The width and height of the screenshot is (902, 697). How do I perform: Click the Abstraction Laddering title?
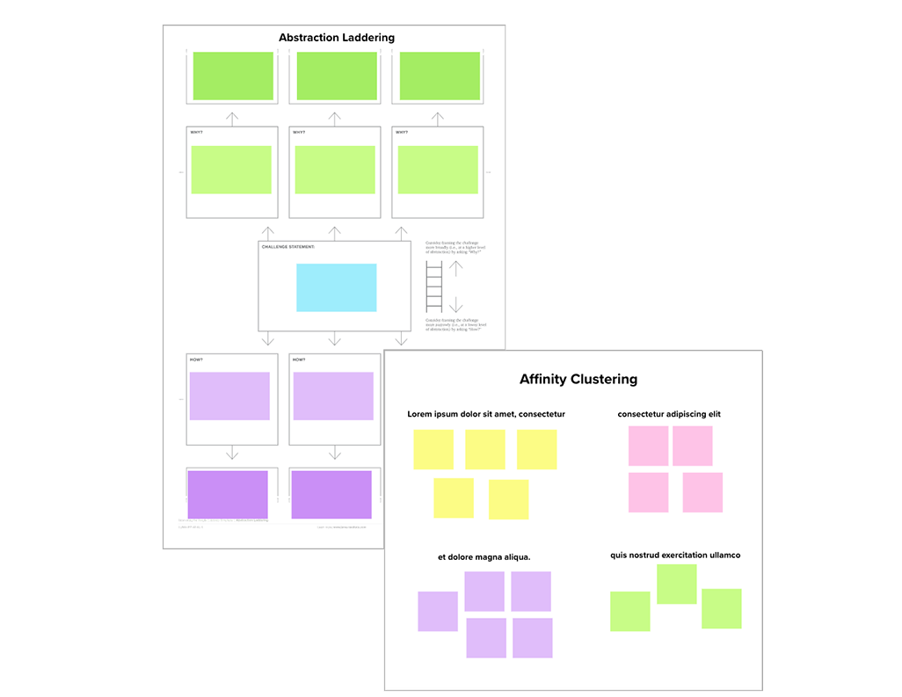coord(336,38)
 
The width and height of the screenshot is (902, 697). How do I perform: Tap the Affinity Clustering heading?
coord(578,380)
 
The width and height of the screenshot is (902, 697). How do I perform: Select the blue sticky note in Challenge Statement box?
coord(336,287)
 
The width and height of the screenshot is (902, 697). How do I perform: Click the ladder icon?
coord(434,287)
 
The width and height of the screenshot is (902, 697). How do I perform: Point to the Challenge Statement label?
coord(287,247)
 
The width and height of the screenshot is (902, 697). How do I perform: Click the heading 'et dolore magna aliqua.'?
coord(484,557)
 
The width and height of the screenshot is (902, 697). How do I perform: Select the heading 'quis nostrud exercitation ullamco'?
coord(675,555)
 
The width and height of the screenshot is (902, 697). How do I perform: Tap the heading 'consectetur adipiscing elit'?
coord(669,414)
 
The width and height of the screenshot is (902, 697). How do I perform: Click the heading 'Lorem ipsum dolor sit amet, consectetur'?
coord(485,414)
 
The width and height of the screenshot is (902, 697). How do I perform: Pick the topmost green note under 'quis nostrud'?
coord(677,584)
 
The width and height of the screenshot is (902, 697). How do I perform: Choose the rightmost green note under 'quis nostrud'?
coord(721,608)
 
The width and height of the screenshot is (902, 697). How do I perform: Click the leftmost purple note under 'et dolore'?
coord(438,611)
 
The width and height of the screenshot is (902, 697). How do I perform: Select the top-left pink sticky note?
coord(648,446)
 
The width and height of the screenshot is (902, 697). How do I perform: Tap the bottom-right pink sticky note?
coord(702,492)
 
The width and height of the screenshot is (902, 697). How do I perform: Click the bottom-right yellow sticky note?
coord(508,499)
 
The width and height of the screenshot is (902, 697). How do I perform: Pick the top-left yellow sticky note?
coord(433,449)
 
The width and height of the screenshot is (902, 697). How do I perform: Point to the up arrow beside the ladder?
coord(455,269)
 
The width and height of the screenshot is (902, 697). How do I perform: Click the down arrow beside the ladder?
coord(455,305)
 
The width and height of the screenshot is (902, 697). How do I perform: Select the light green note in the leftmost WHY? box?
coord(231,170)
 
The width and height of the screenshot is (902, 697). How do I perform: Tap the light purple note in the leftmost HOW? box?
coord(229,396)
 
